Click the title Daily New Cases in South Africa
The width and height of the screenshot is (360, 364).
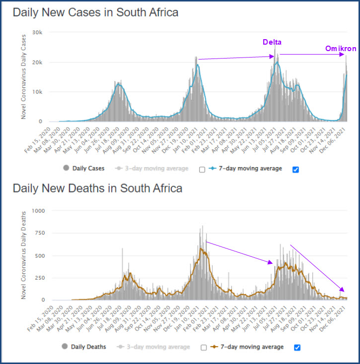(95, 12)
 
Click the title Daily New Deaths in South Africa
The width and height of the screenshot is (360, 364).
(97, 188)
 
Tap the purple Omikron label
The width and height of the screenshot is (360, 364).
(341, 49)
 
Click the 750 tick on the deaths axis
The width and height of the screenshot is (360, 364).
(40, 233)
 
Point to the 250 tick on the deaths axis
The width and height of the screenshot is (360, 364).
(40, 278)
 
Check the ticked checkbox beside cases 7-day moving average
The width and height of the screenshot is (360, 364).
(296, 169)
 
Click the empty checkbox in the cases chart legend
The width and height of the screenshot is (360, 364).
(202, 169)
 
